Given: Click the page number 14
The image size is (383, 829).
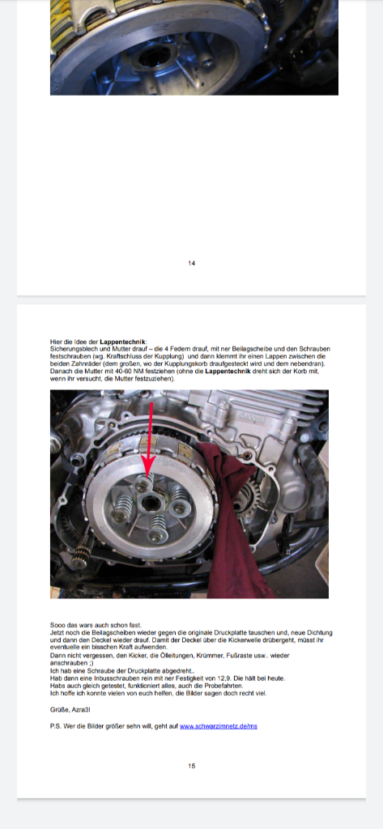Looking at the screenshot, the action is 191,263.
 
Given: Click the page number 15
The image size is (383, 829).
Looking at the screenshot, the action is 191,766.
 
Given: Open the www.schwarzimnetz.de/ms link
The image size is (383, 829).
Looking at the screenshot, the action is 219,726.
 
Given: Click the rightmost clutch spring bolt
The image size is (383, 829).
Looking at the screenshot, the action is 181,508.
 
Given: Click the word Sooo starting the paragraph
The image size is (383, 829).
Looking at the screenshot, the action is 57,626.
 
